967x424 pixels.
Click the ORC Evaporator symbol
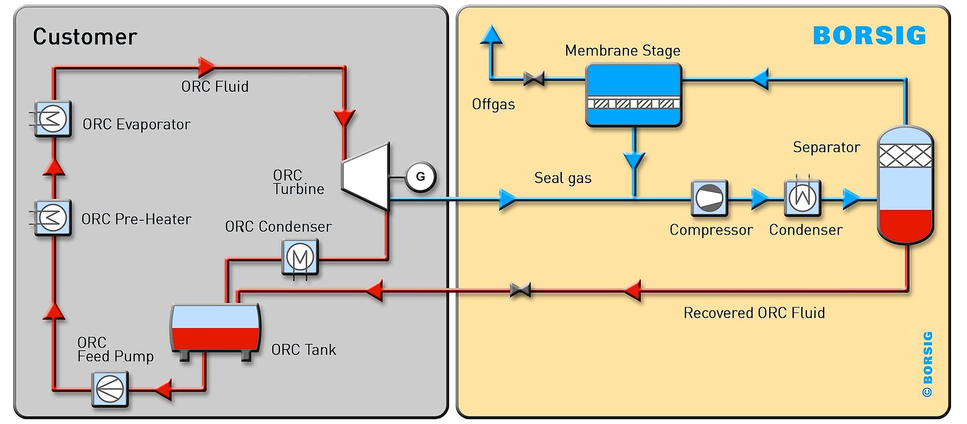point(53,119)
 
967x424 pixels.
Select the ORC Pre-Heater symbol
point(53,217)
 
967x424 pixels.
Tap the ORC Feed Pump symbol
point(110,389)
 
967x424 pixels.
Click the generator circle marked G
point(421,177)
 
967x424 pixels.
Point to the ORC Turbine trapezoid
point(366,177)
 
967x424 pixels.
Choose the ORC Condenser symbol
point(300,257)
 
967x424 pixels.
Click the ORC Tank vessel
point(216,331)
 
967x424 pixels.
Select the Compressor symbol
point(709,198)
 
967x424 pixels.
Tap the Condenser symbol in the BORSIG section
point(803,198)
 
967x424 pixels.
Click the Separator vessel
point(906,185)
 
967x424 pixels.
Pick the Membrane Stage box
point(633,95)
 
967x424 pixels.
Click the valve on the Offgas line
point(534,78)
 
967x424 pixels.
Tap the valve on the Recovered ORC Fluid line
point(520,290)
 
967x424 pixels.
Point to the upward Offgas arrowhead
point(491,35)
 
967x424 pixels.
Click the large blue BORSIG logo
point(869,35)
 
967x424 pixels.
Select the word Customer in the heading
point(85,37)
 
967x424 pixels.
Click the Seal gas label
point(563,178)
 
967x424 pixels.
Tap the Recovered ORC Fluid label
point(754,313)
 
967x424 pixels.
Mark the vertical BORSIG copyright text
point(927,364)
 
